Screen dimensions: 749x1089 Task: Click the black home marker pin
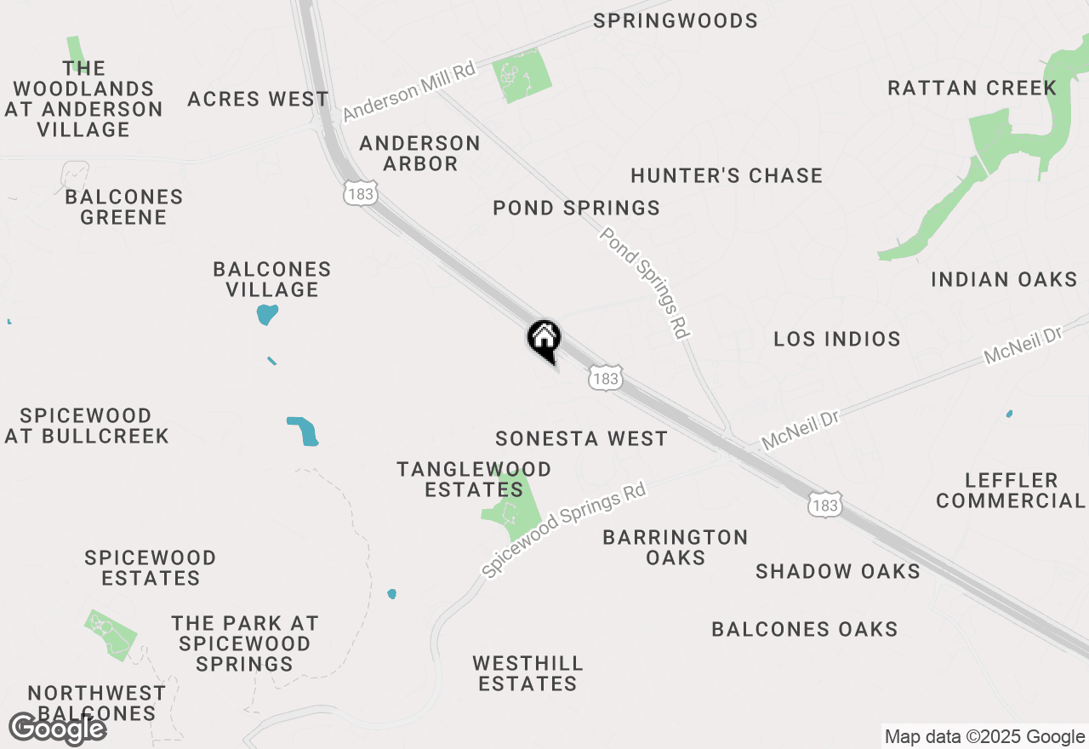544,340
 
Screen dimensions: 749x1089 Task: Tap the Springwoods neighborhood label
676,20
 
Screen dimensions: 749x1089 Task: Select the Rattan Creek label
972,88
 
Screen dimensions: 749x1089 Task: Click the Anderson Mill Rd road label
409,91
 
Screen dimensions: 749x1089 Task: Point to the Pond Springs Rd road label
645,283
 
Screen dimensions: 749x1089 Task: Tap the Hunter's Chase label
727,175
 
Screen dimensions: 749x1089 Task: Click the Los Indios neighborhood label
837,339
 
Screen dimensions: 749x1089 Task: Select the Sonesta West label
582,438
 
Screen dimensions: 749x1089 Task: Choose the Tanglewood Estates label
474,479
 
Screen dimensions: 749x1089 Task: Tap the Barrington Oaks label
676,547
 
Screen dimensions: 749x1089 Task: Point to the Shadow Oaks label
838,571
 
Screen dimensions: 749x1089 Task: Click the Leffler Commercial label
1011,490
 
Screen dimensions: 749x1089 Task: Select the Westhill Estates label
527,673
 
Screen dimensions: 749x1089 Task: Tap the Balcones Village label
272,279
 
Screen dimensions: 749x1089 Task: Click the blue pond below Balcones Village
267,314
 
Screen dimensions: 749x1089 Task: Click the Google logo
58,729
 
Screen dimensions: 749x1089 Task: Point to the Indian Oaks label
1004,279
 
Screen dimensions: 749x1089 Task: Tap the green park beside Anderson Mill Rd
522,76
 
